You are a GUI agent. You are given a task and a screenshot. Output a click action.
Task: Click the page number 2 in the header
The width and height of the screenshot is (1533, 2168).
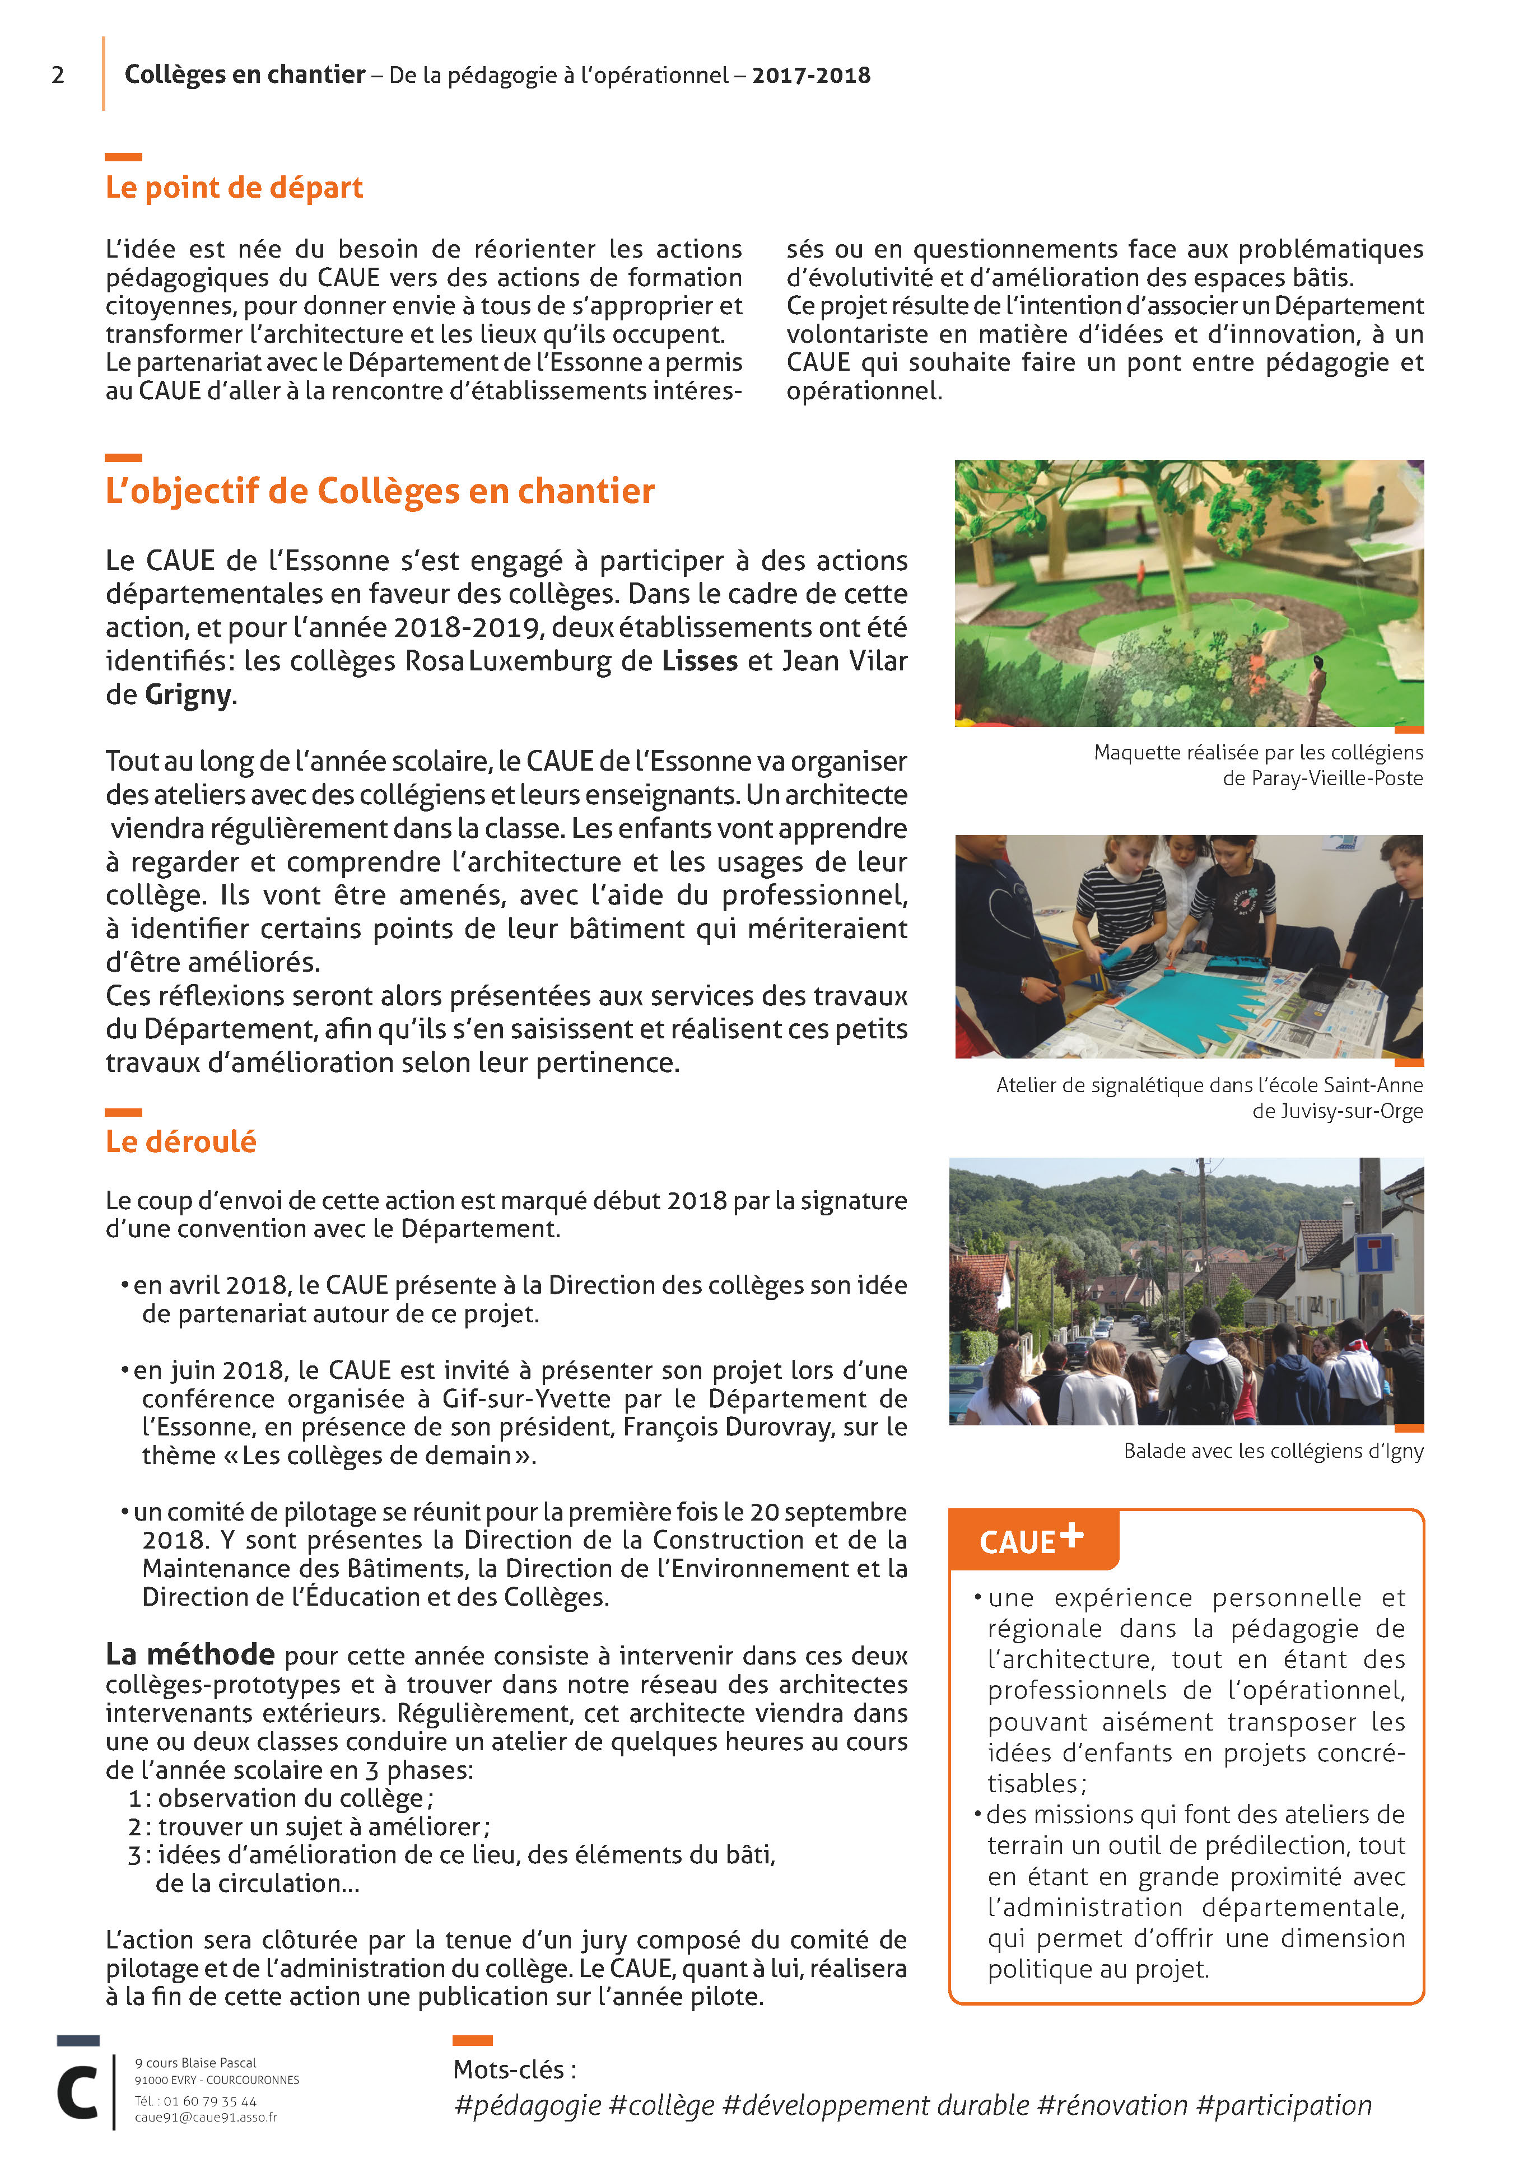[x=58, y=76]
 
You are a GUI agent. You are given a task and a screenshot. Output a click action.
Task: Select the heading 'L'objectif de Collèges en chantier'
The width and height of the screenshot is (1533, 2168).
[x=380, y=491]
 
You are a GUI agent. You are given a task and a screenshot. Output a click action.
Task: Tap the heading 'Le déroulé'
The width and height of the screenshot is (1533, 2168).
[x=180, y=1141]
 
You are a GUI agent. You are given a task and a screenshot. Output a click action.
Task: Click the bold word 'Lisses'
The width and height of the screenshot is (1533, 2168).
[x=699, y=661]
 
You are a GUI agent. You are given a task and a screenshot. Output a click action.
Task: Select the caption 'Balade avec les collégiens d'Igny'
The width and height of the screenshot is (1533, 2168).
[x=1273, y=1451]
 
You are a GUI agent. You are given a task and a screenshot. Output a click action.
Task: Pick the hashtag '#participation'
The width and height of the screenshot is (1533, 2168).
[x=1284, y=2106]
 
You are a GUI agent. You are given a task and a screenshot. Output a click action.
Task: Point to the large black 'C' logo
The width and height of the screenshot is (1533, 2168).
[x=77, y=2094]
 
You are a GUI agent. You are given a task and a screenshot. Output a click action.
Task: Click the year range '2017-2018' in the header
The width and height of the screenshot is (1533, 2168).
[x=810, y=76]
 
